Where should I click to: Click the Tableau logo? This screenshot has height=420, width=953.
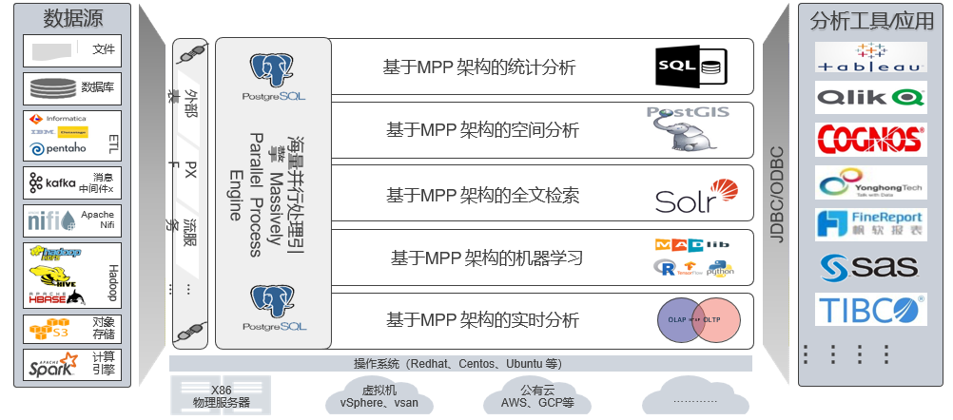click(x=870, y=57)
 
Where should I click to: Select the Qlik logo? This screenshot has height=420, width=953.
click(x=870, y=97)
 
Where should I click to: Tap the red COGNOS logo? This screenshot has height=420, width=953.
click(x=870, y=137)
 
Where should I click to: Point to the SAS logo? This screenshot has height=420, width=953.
click(x=870, y=267)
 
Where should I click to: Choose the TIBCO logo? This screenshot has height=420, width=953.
click(x=870, y=310)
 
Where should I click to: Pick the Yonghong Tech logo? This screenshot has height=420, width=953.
click(x=870, y=182)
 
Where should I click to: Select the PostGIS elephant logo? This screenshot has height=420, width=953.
click(x=689, y=129)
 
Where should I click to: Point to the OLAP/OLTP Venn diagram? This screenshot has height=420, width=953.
click(x=699, y=319)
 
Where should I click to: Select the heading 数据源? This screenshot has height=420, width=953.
click(x=69, y=18)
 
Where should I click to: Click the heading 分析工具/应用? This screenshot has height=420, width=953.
click(x=872, y=21)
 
